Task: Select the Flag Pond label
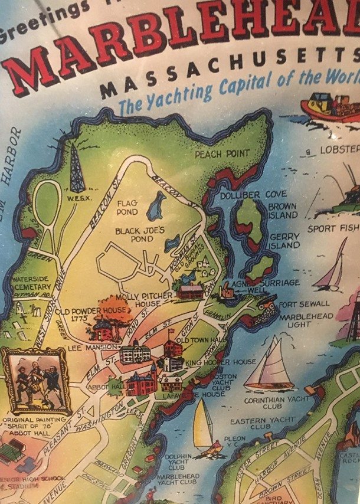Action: [127, 207]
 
